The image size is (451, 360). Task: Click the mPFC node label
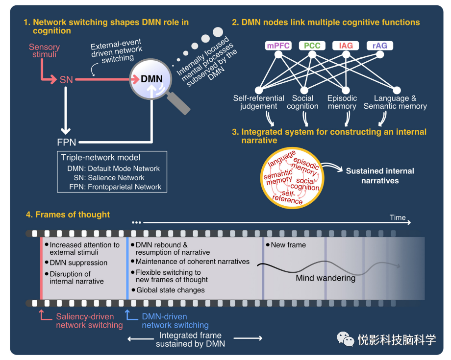(278, 46)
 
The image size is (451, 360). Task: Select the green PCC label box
(312, 46)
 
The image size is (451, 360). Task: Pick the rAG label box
(379, 46)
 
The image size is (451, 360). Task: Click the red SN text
(66, 79)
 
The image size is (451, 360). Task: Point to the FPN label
(67, 143)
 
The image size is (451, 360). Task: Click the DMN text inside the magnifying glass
(152, 79)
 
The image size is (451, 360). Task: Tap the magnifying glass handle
(180, 104)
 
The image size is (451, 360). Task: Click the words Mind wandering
(326, 278)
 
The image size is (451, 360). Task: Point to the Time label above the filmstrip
(398, 217)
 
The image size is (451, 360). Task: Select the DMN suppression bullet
(78, 263)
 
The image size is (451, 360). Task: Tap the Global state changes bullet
(170, 290)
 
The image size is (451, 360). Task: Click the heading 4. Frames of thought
(68, 215)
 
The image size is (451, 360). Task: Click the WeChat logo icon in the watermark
(345, 339)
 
